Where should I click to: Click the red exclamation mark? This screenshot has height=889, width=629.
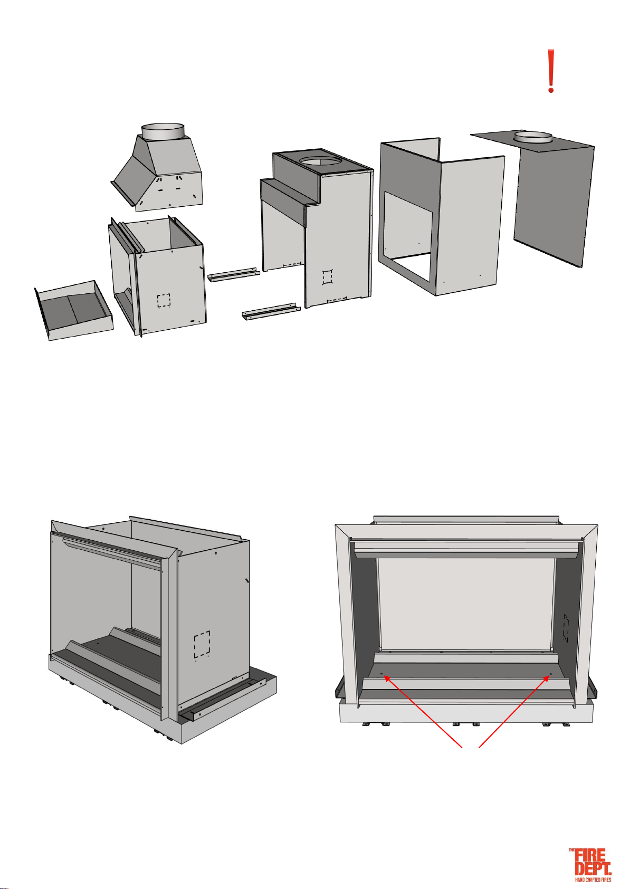[550, 71]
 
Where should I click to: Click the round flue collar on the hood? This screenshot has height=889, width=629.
[163, 131]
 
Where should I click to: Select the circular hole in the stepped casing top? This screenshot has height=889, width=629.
[320, 161]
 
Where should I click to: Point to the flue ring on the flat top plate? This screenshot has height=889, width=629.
[533, 138]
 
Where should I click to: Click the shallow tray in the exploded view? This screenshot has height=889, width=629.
[74, 310]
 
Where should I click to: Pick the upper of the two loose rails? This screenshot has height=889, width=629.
[234, 275]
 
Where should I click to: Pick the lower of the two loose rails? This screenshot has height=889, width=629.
[271, 312]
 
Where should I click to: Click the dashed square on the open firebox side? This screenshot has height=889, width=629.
[164, 300]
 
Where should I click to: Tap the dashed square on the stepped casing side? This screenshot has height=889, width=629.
[327, 276]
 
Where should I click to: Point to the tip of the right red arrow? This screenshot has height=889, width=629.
[550, 675]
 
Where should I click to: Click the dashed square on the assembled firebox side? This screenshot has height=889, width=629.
[202, 643]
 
